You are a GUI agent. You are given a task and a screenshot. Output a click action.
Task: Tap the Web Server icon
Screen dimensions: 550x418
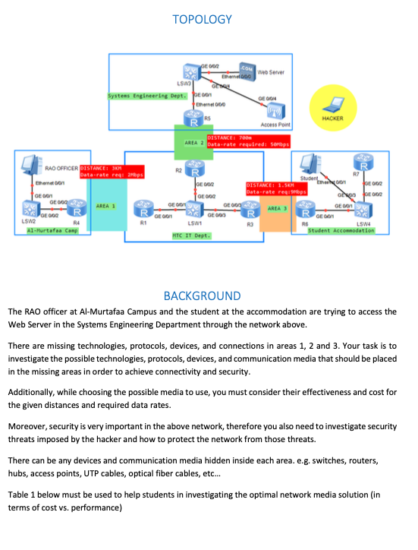[247, 71]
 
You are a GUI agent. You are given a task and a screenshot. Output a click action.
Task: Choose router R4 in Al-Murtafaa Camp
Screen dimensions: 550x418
[75, 207]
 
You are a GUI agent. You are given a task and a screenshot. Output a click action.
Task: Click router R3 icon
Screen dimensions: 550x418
[247, 210]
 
